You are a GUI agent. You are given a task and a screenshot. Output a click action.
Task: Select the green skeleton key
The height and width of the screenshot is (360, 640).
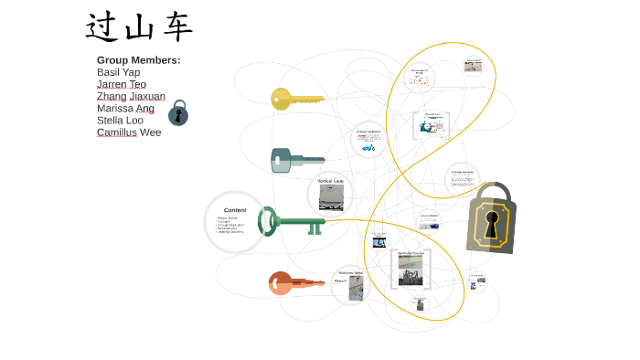[x=291, y=221]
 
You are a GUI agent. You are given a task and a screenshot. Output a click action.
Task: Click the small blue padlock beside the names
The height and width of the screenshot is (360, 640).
[x=178, y=113]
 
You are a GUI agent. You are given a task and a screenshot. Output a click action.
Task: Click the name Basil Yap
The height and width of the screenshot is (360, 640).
[x=118, y=72]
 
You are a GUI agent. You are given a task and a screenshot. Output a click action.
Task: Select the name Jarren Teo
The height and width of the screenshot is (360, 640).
[x=121, y=84]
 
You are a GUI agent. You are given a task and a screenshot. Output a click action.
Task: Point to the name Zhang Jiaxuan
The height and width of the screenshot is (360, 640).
[x=131, y=96]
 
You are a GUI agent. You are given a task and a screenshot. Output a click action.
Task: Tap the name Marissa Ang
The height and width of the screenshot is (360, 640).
[x=125, y=108]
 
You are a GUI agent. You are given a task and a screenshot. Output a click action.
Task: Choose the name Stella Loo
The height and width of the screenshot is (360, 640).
[x=120, y=120]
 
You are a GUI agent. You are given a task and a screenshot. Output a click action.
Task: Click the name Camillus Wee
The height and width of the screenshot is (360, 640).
[x=128, y=132]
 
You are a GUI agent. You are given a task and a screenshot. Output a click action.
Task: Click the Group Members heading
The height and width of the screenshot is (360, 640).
[x=138, y=60]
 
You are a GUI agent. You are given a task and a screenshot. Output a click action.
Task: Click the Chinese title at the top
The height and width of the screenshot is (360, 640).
[x=139, y=27]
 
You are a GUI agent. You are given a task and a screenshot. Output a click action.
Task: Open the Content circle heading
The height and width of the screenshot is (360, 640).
[x=235, y=210]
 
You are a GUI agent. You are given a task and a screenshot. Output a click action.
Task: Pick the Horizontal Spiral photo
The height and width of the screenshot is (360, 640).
[x=356, y=288]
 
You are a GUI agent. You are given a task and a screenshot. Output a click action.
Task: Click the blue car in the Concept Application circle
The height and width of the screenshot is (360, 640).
[x=368, y=147]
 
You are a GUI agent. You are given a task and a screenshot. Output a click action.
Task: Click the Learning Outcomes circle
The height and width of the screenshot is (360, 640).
[x=463, y=179]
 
